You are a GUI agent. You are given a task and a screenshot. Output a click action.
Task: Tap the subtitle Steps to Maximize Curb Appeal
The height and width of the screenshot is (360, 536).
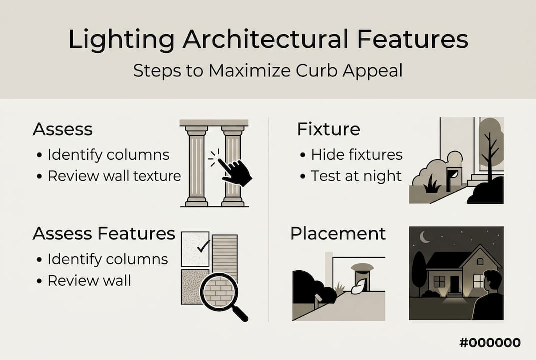point(268,71)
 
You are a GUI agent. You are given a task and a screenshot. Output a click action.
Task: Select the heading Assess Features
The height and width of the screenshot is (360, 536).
point(104,233)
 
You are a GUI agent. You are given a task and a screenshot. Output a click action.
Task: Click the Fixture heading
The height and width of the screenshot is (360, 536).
point(329,129)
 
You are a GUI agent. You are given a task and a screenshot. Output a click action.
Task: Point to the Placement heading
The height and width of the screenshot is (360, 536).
point(338,233)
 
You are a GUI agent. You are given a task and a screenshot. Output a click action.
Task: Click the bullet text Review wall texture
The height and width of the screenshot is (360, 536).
point(114,176)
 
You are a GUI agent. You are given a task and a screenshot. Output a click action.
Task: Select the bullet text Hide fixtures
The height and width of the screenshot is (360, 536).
point(357,155)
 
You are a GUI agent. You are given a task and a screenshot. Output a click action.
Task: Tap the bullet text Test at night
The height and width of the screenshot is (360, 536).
point(356,176)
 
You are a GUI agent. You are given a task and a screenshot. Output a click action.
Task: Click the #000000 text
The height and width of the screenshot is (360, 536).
point(490,342)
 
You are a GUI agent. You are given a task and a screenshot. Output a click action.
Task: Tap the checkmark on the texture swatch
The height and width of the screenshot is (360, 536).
point(203,246)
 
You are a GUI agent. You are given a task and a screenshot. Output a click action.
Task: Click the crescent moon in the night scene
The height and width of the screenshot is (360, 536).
point(424,237)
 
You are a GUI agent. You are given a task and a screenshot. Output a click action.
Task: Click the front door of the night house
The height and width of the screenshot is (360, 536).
point(454,284)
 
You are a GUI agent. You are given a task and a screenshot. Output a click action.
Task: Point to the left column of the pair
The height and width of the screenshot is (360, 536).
point(196,166)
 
